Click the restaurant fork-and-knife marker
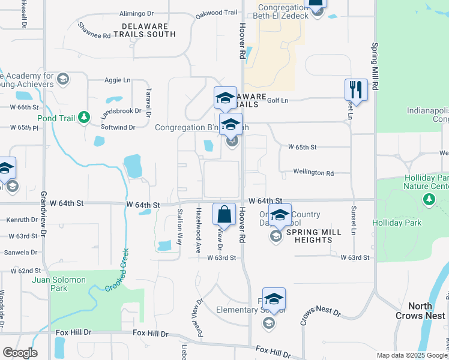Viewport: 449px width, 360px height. [x=356, y=90]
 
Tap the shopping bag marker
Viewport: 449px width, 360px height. [x=224, y=214]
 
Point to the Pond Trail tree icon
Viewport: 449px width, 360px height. [x=85, y=118]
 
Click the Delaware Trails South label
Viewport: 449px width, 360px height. [x=148, y=30]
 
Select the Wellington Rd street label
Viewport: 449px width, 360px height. [x=313, y=173]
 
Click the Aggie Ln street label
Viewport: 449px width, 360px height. [x=118, y=80]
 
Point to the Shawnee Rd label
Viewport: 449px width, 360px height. [x=94, y=31]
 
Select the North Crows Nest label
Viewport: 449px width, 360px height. [x=420, y=311]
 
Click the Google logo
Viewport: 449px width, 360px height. [x=20, y=353]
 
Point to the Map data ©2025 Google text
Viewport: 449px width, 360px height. [x=412, y=355]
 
